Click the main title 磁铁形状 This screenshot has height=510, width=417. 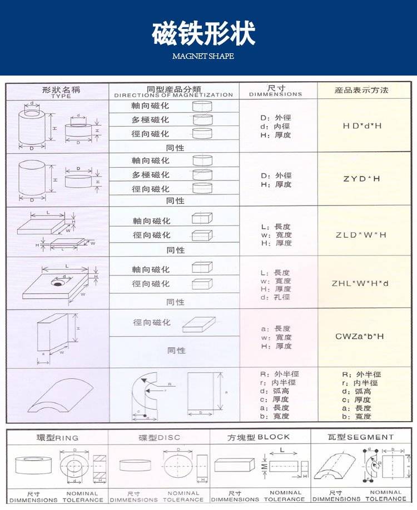click(x=203, y=33)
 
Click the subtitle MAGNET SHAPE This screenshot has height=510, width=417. click(x=203, y=56)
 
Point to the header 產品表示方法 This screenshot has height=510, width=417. click(x=361, y=90)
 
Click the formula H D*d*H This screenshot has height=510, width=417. click(x=363, y=126)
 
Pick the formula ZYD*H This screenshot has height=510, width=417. click(x=361, y=179)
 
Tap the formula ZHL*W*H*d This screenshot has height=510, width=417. click(x=360, y=283)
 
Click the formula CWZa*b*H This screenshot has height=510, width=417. click(x=360, y=336)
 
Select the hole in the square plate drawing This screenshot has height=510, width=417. click(x=57, y=283)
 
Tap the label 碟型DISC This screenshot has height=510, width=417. click(x=160, y=437)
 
